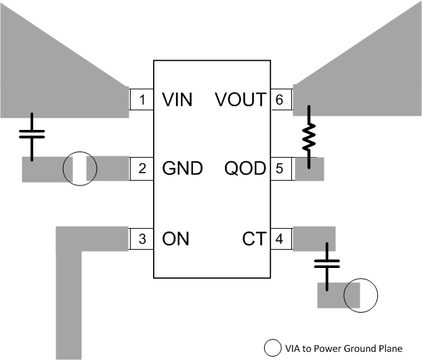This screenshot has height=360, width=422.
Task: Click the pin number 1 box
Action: click(142, 100)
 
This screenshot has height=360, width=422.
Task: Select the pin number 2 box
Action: click(142, 169)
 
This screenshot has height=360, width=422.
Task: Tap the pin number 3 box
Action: click(142, 238)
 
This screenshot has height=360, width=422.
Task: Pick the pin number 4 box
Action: click(280, 238)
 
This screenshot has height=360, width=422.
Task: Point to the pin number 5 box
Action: click(280, 169)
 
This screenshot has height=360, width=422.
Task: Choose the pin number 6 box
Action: click(280, 100)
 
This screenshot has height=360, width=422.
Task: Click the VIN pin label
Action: click(177, 100)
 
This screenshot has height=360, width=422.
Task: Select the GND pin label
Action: click(182, 169)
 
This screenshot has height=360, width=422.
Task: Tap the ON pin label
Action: click(175, 238)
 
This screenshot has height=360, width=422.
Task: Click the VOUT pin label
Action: click(240, 100)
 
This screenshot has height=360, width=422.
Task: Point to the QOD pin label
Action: click(245, 169)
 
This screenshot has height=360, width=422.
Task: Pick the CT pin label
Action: click(253, 238)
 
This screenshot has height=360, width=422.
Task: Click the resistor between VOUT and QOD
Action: click(310, 136)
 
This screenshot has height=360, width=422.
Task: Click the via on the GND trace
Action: click(80, 169)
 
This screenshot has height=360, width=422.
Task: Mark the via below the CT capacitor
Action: click(359, 296)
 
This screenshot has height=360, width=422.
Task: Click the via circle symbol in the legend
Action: click(272, 348)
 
